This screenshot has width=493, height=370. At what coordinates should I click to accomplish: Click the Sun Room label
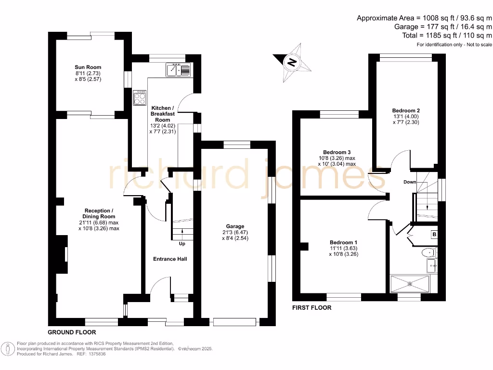pos(88,67)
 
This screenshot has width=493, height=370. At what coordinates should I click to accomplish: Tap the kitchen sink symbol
pos(179,70)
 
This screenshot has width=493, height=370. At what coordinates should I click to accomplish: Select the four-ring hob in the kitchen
pos(140,98)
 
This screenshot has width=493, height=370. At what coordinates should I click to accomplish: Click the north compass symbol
pos(291,62)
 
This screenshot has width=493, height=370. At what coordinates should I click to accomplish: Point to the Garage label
pos(235,226)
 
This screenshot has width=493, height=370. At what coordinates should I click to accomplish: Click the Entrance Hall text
pos(170,259)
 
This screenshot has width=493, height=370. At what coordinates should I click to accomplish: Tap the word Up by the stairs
pos(182,244)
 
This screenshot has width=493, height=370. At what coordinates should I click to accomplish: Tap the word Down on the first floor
pos(410,182)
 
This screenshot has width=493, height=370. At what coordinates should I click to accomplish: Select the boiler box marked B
pos(434,235)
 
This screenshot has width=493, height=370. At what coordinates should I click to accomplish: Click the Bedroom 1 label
pos(343,242)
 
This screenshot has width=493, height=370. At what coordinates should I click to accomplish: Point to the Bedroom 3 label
pos(337,152)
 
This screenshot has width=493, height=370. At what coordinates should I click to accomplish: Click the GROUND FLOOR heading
pos(72,332)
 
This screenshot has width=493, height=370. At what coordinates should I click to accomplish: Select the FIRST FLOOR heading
pos(312,307)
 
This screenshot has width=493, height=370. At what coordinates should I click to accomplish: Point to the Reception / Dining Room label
pos(99,213)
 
